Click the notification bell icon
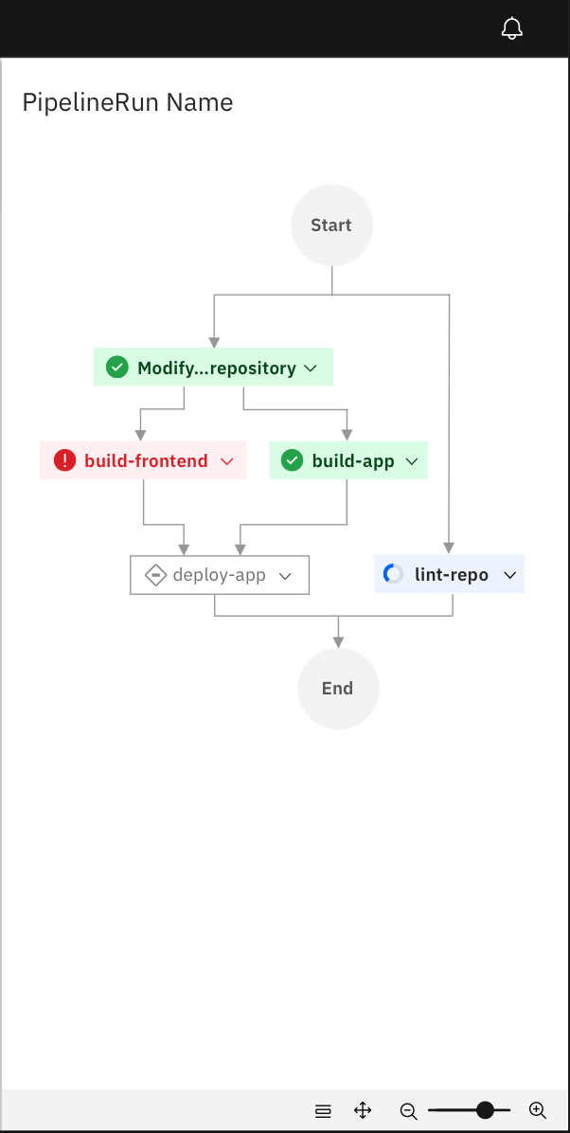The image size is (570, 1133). click(x=511, y=28)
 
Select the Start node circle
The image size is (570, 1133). click(x=331, y=225)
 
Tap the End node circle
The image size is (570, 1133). click(x=338, y=689)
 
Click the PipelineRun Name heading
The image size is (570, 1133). click(x=128, y=102)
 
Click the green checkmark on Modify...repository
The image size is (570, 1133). click(x=117, y=368)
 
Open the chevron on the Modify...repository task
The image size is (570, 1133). click(x=311, y=369)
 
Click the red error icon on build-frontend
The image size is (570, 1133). click(x=64, y=461)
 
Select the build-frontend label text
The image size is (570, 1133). click(x=146, y=461)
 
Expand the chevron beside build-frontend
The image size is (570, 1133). click(x=226, y=461)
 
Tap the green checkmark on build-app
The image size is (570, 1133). click(x=293, y=461)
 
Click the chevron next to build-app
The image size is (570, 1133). click(x=412, y=461)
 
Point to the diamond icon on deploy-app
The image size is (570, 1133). click(x=155, y=575)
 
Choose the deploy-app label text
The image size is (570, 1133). click(x=219, y=575)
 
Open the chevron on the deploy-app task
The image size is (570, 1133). click(x=285, y=576)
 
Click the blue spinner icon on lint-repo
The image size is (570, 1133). click(x=393, y=574)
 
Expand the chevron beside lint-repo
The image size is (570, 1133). click(x=509, y=575)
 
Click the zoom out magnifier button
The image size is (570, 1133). click(x=408, y=1110)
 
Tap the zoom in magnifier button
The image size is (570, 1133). click(x=537, y=1110)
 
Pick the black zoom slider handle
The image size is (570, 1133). click(x=486, y=1110)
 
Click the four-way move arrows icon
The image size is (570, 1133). click(x=363, y=1110)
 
